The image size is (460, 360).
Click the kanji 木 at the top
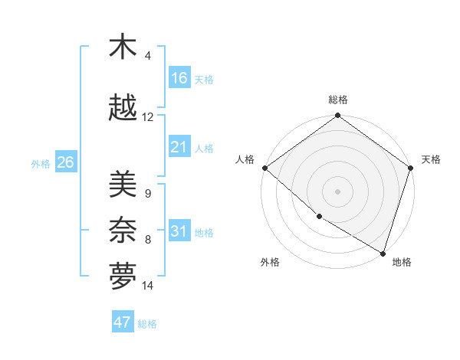(123, 47)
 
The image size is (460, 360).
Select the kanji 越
(123, 109)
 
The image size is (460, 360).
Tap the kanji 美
(123, 185)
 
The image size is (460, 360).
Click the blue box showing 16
(179, 78)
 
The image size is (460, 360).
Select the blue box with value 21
(179, 147)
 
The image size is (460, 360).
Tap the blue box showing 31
(179, 231)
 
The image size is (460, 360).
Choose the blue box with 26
(65, 162)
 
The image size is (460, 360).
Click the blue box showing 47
(123, 322)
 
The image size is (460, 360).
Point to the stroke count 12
(148, 117)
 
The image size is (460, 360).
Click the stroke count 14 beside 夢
(148, 286)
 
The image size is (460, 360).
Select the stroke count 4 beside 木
(148, 55)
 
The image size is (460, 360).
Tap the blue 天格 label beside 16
(204, 79)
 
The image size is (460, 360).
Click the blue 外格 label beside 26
(41, 163)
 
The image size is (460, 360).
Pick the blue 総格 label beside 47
(147, 323)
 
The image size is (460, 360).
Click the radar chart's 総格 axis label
(338, 100)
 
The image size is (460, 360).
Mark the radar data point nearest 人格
(264, 168)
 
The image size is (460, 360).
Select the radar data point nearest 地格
(383, 253)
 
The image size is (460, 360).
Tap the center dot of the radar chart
(337, 191)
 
